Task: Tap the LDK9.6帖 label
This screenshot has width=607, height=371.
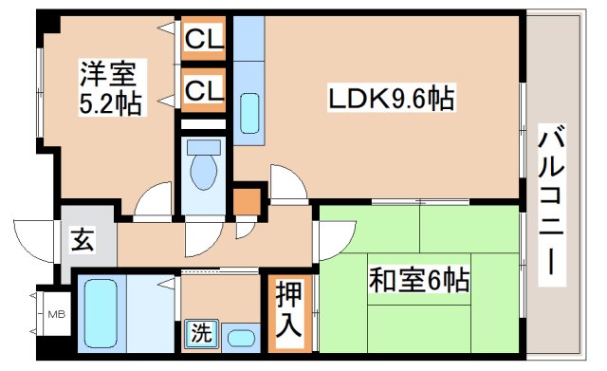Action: click(x=390, y=98)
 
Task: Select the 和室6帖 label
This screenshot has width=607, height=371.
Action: click(x=420, y=281)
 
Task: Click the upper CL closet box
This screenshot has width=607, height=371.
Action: click(x=204, y=41)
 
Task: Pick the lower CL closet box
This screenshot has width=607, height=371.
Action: click(x=204, y=92)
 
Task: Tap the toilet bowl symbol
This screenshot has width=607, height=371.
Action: click(x=203, y=169)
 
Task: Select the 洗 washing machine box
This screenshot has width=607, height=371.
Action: click(x=201, y=334)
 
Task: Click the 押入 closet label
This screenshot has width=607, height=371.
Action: click(x=289, y=314)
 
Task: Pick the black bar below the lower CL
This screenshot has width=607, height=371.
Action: click(x=204, y=123)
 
